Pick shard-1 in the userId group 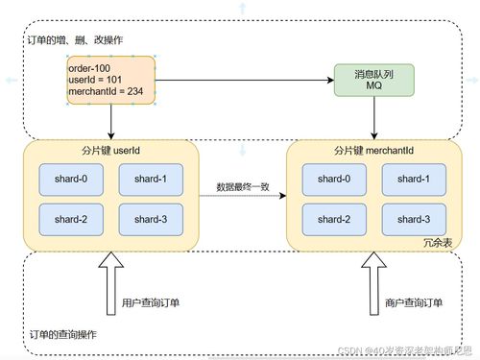(151, 179)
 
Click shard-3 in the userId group (151, 220)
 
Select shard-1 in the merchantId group (414, 179)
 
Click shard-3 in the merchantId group (414, 220)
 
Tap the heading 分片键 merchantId (373, 152)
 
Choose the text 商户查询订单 (414, 303)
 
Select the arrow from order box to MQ (245, 80)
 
